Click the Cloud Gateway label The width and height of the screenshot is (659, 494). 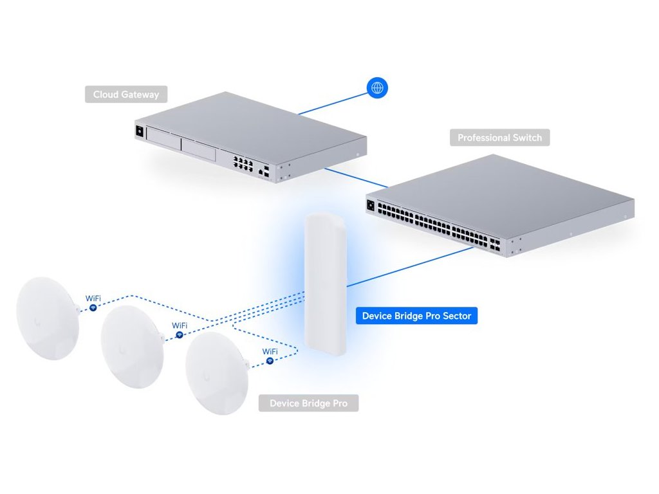coord(126,95)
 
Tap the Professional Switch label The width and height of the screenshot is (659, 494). coord(499,138)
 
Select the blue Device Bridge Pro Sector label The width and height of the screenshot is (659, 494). coord(416,316)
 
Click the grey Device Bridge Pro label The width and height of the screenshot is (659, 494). coord(308,403)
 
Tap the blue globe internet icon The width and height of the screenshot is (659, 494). coord(376,87)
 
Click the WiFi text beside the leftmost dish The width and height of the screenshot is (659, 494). coord(93,299)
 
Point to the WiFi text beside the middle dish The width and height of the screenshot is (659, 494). coord(180,326)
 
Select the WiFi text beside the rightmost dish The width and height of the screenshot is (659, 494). coord(270,351)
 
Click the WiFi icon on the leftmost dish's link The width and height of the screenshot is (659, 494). coord(93,309)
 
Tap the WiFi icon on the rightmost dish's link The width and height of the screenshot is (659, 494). coord(270,361)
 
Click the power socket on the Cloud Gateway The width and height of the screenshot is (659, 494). coord(138,131)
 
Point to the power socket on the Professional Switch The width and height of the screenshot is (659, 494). coord(370,206)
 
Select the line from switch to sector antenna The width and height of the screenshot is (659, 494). coord(412,266)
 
